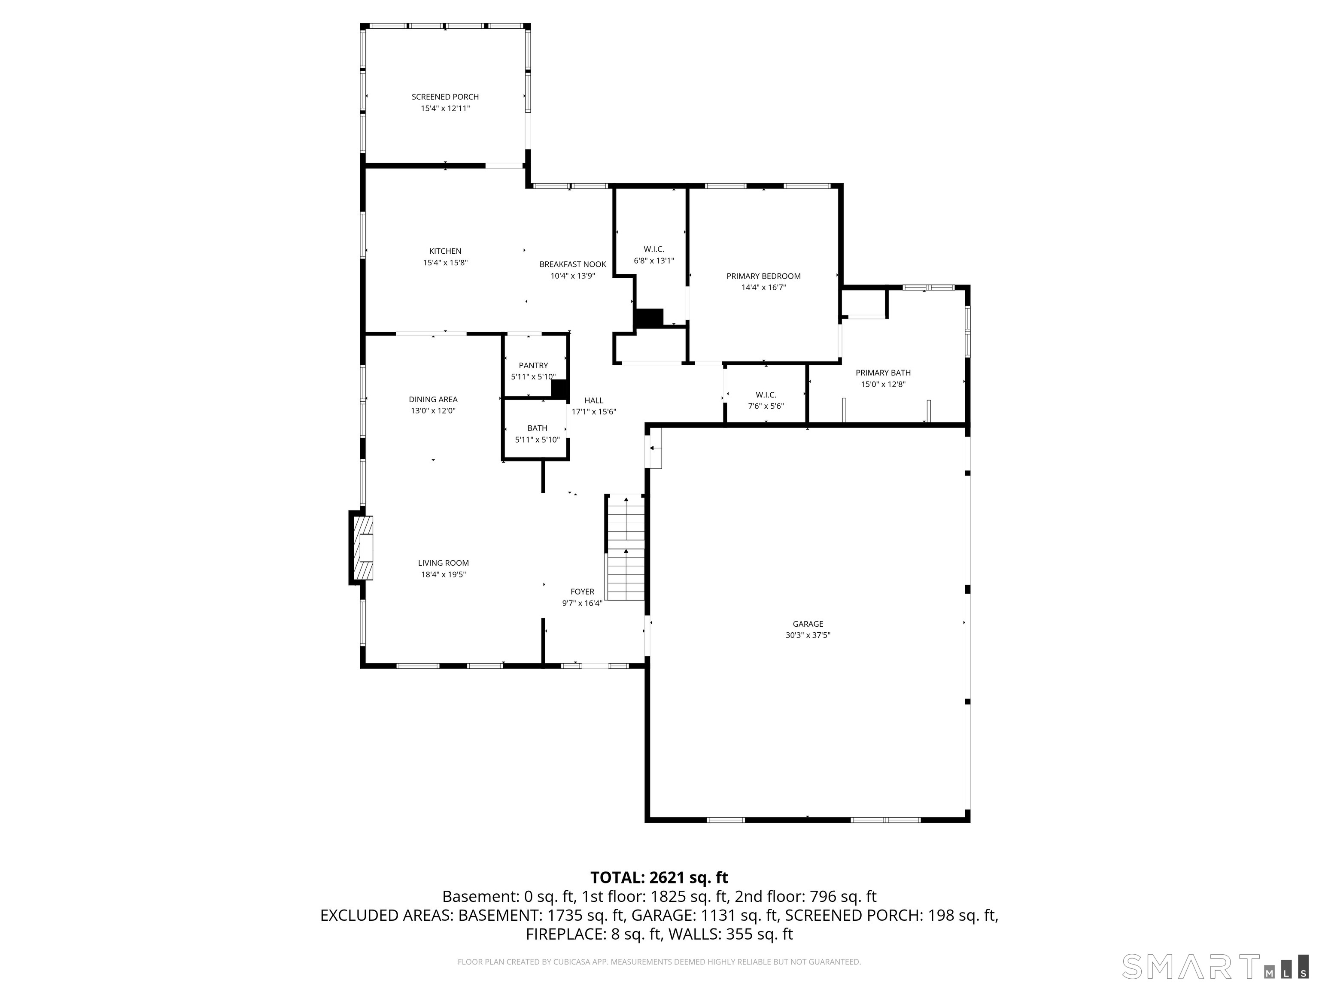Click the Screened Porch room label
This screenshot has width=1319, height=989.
pos(445,97)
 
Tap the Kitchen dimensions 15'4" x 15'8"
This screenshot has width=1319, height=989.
pos(445,262)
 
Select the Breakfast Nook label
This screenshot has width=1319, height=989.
pos(572,264)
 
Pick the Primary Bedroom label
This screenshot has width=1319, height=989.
pos(763,276)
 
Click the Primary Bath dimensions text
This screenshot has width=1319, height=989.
pos(883,385)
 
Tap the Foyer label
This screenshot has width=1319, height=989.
pos(582,592)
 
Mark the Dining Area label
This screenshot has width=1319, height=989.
pos(433,399)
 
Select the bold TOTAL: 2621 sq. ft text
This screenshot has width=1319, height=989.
pos(659,877)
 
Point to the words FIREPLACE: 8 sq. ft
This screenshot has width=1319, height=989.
pos(593,934)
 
